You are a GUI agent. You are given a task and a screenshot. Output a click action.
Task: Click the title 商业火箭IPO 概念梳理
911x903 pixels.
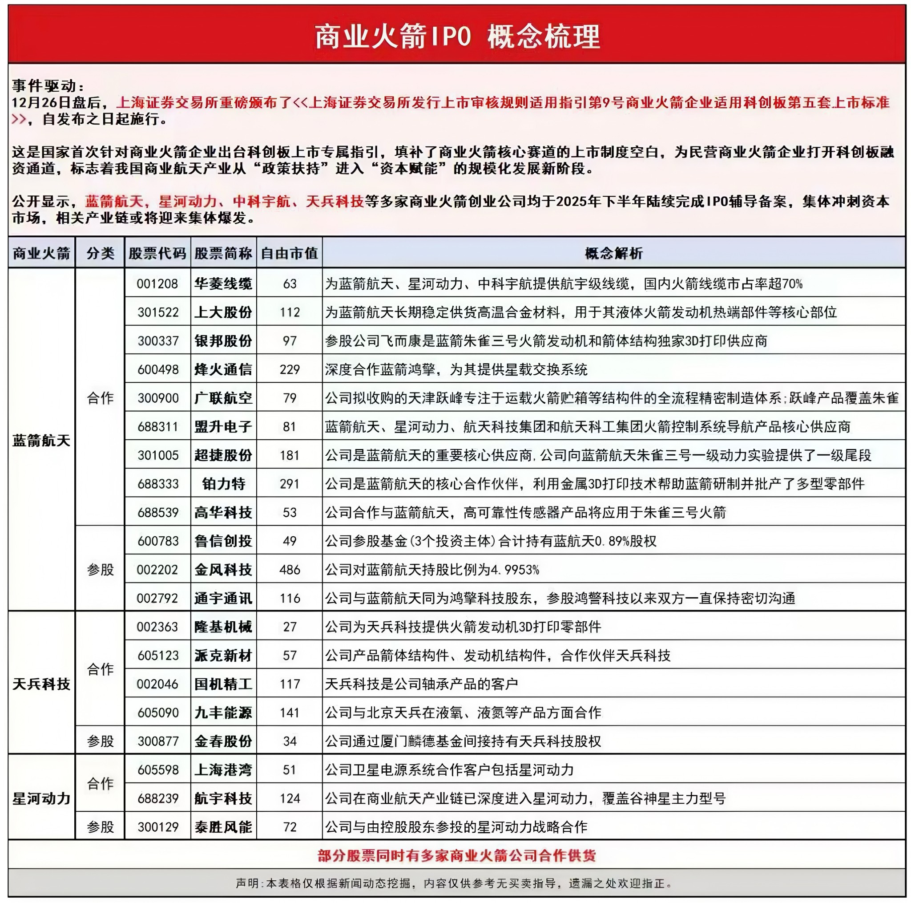click(x=456, y=37)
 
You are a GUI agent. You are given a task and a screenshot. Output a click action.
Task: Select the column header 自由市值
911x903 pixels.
click(x=289, y=253)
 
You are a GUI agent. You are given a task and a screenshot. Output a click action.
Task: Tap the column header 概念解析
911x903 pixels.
click(x=613, y=253)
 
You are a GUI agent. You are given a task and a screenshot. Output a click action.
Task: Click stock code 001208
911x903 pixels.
click(x=157, y=283)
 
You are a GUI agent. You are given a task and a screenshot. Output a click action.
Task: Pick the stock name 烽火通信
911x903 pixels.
click(x=223, y=369)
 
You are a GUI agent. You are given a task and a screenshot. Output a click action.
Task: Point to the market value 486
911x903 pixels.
click(x=289, y=570)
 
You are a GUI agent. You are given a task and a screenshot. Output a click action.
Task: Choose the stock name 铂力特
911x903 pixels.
click(x=223, y=484)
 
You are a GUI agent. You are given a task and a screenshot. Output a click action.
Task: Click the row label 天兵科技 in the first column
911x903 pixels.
click(x=41, y=684)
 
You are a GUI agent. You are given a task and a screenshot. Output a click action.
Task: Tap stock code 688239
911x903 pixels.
click(x=157, y=798)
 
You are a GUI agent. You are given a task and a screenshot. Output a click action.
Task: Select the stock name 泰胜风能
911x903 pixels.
click(x=223, y=826)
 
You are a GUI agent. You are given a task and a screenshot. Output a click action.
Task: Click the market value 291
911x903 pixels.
click(x=289, y=484)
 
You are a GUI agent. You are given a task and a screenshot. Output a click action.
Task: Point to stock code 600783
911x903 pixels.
click(x=157, y=541)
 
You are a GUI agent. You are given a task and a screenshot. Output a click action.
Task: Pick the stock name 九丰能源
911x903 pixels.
click(x=223, y=713)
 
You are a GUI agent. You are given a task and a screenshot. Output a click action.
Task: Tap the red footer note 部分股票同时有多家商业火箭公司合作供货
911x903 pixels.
click(x=456, y=855)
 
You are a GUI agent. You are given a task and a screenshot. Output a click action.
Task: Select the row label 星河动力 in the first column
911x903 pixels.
click(x=41, y=798)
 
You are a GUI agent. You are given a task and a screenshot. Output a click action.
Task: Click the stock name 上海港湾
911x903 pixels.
click(x=223, y=769)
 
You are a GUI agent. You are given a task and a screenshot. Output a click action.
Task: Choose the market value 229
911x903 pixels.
click(x=289, y=369)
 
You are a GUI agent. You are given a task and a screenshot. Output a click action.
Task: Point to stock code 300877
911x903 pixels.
click(x=157, y=741)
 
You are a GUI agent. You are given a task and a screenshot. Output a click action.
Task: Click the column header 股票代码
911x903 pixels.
click(x=157, y=253)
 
